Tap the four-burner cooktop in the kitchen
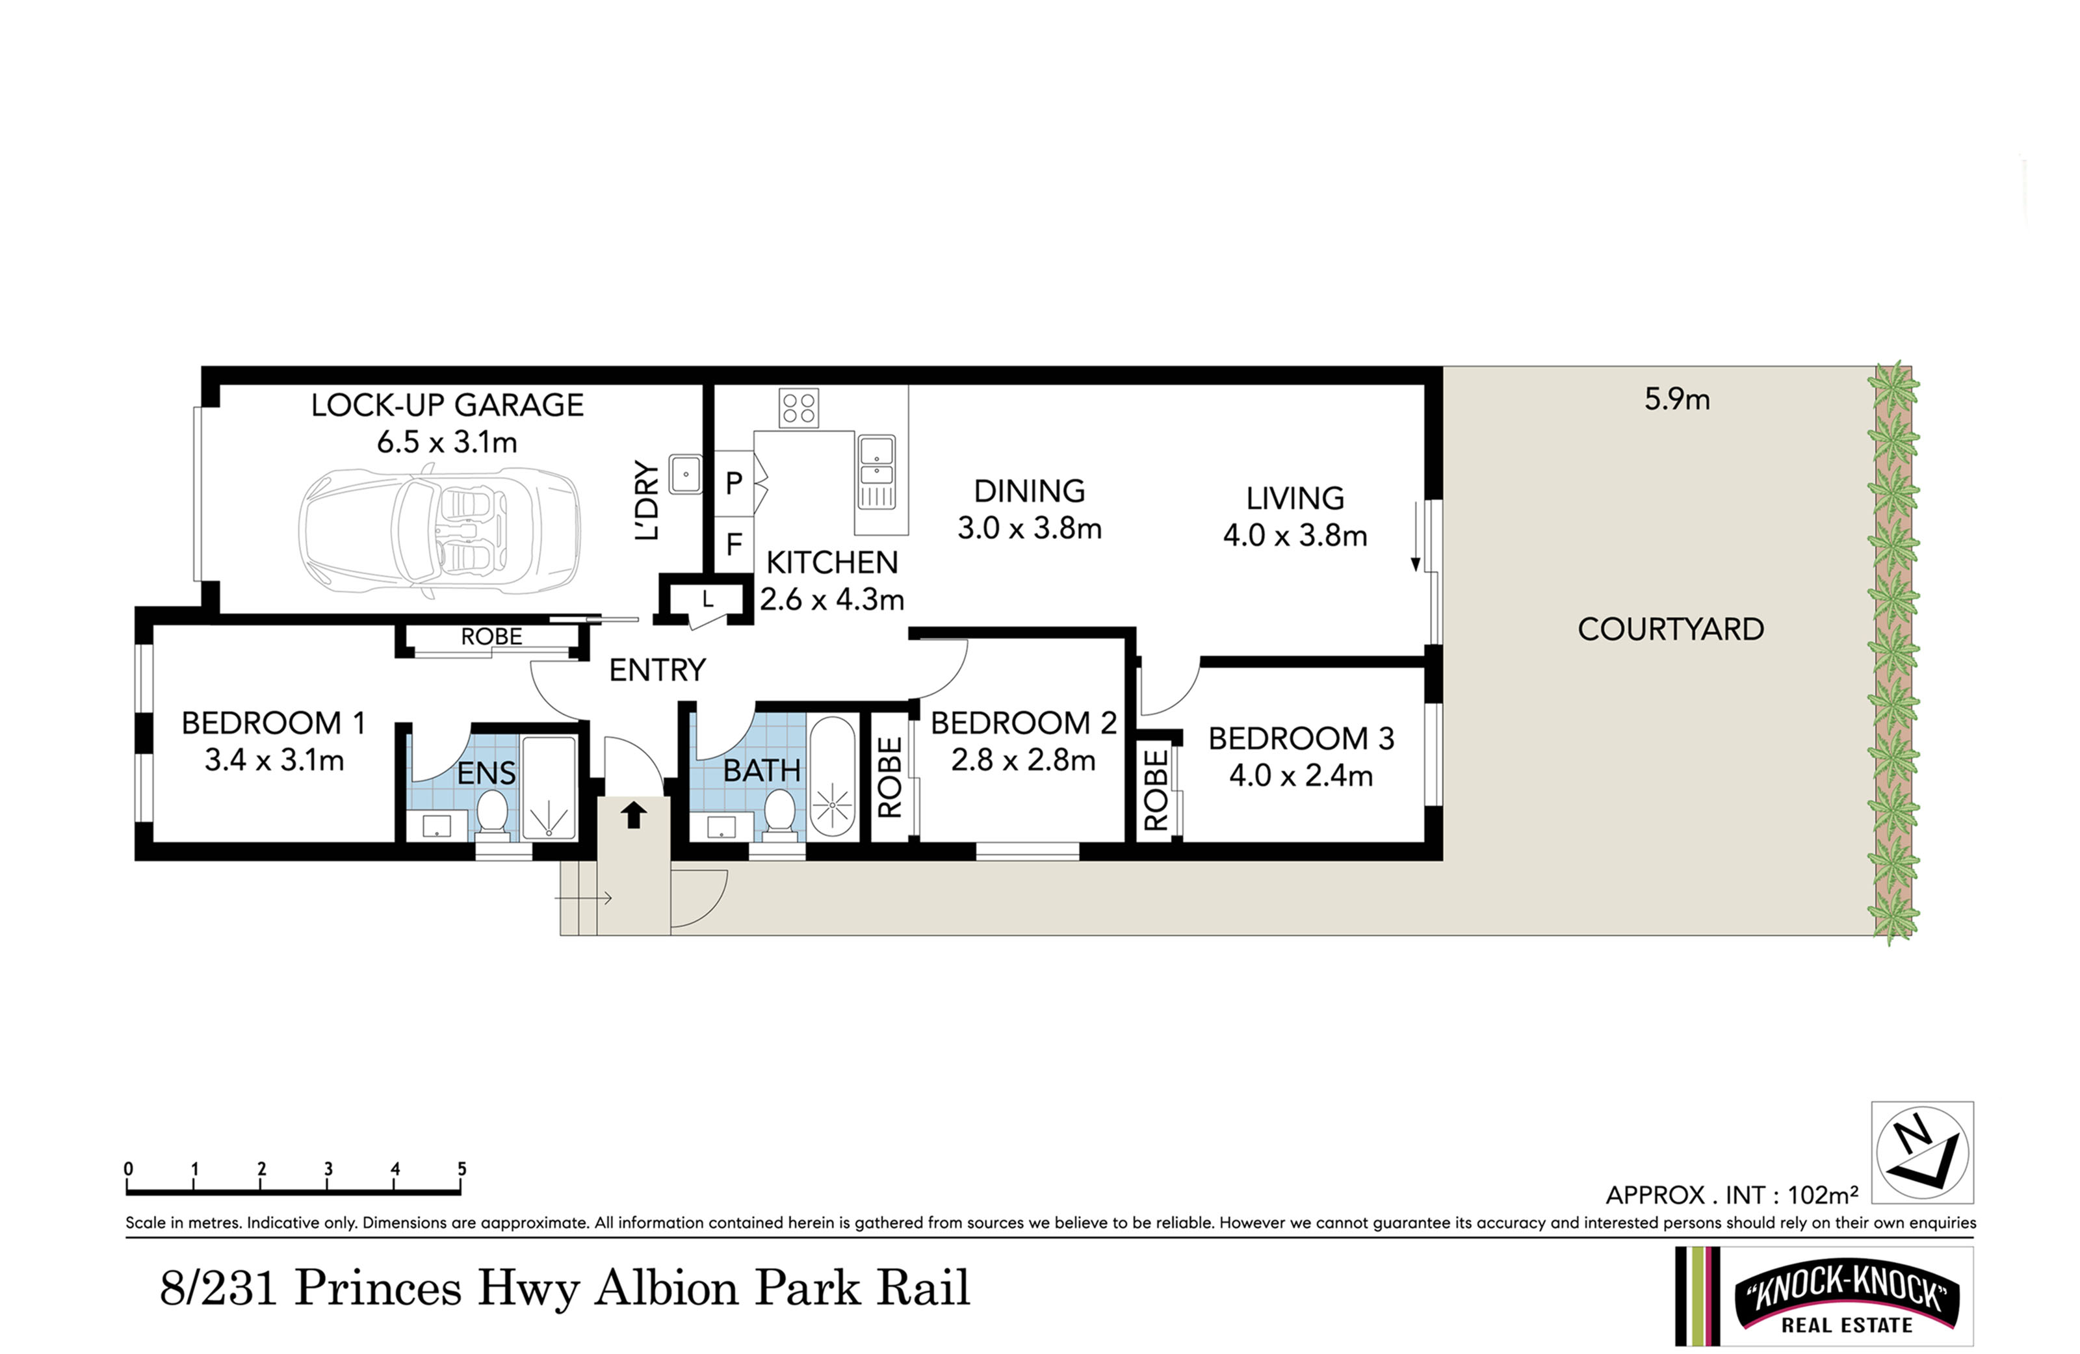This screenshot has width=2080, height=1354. pyautogui.click(x=799, y=408)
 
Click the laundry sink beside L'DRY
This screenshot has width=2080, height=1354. pyautogui.click(x=686, y=474)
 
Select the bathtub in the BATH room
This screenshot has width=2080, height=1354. pyautogui.click(x=832, y=777)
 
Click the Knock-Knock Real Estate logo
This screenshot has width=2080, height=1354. pyautogui.click(x=1824, y=1296)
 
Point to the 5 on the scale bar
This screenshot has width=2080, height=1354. pyautogui.click(x=461, y=1169)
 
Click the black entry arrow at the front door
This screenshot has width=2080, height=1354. pyautogui.click(x=634, y=814)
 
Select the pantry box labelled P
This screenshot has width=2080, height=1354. pyautogui.click(x=734, y=482)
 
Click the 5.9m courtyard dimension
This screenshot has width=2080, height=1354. pyautogui.click(x=1677, y=400)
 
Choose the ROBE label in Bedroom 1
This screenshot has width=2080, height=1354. pyautogui.click(x=491, y=636)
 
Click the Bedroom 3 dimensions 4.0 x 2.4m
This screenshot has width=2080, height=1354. pyautogui.click(x=1301, y=775)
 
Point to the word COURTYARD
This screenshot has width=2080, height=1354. pyautogui.click(x=1670, y=629)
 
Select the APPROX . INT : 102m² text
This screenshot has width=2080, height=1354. pyautogui.click(x=1732, y=1194)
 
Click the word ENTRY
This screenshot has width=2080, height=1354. pyautogui.click(x=657, y=670)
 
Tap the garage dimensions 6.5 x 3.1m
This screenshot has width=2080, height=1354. pyautogui.click(x=447, y=442)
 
